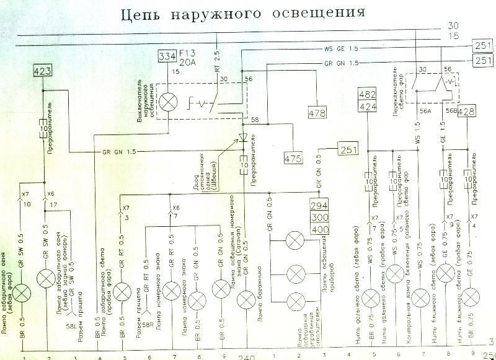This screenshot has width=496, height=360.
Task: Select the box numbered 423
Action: pos(43,71)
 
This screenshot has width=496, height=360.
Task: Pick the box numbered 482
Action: pos(369,94)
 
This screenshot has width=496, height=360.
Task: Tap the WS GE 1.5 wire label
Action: pos(339,48)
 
